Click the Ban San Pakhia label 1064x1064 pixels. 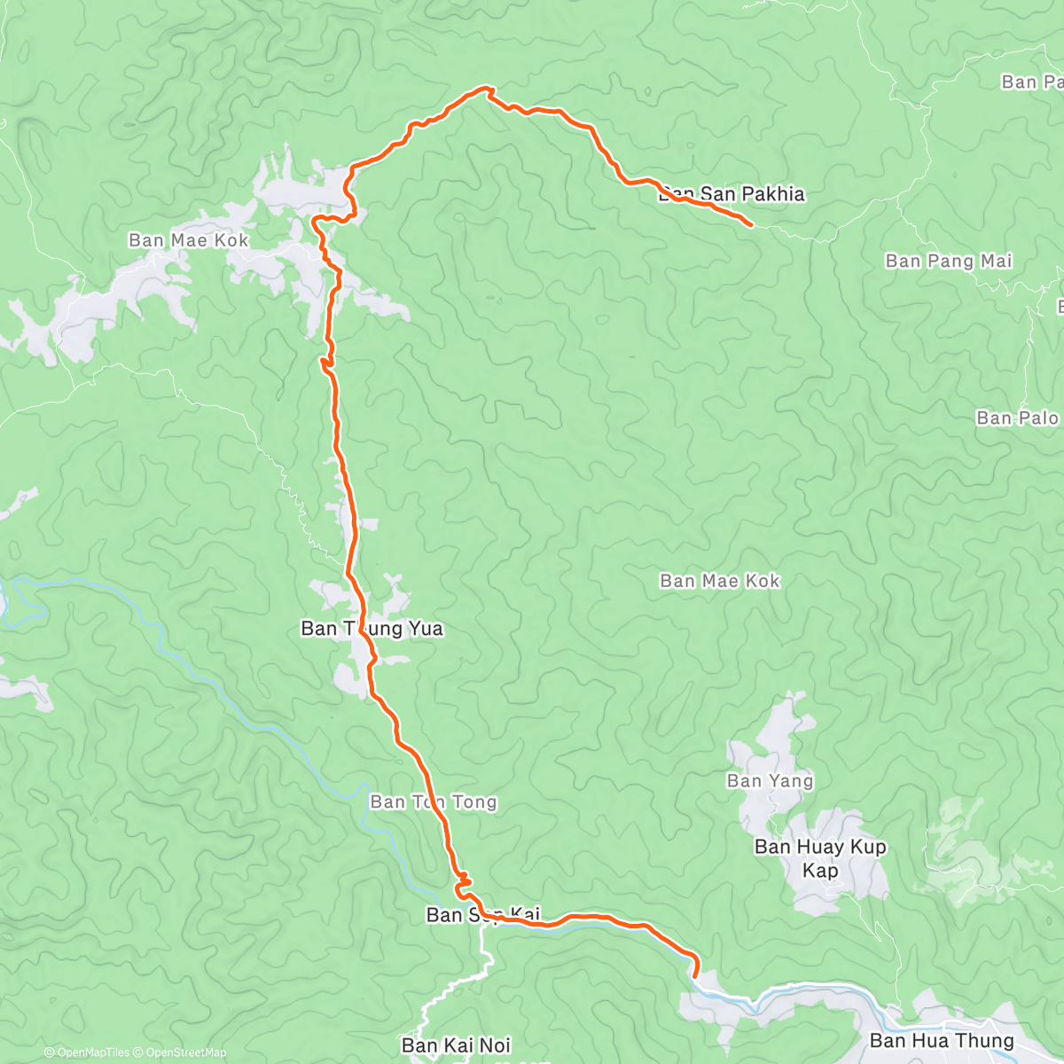pos(731,194)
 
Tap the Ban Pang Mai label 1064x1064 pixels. pos(949,261)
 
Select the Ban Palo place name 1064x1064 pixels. pos(1017,418)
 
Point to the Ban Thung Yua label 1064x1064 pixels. pos(372,629)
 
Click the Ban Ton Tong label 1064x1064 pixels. pos(434,802)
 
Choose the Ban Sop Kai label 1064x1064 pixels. pos(482,914)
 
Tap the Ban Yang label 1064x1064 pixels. pos(770,781)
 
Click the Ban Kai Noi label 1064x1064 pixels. pos(456,1045)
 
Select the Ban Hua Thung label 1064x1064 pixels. pos(942,1040)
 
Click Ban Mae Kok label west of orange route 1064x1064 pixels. pos(189,240)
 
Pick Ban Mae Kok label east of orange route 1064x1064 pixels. pos(720,581)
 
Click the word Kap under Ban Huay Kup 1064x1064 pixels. pos(820,871)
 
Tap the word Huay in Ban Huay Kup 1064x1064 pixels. pos(815,847)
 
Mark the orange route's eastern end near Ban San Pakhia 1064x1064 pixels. pos(752,225)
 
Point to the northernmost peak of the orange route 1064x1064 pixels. pos(486,88)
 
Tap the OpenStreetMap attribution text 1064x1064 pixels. pos(185,1053)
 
